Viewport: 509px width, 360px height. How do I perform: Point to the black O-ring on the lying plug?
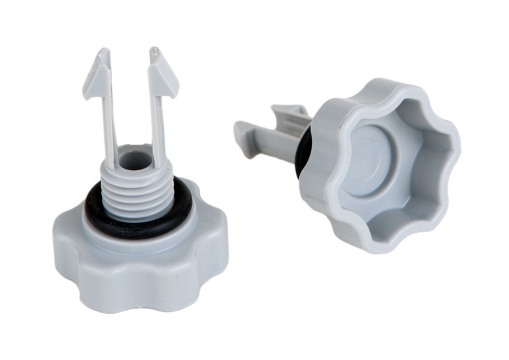click(302, 153)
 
